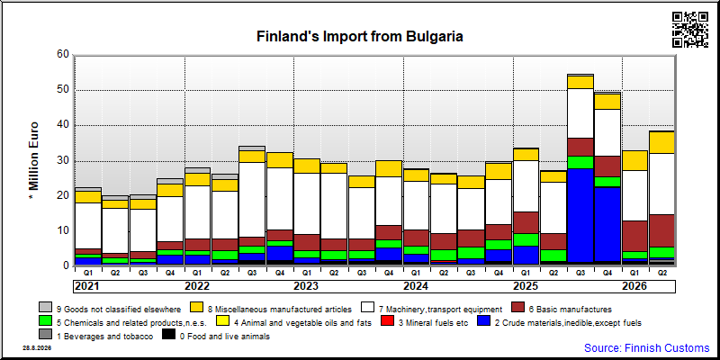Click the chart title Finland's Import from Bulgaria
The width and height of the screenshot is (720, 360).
[x=359, y=36]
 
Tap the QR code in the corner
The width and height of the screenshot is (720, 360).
[x=690, y=30]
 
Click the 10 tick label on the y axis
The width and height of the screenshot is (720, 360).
[x=65, y=230]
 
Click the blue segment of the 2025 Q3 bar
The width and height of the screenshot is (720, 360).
[x=580, y=215]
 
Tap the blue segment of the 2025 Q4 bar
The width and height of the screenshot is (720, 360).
[x=607, y=224]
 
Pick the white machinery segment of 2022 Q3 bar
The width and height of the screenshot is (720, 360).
[x=252, y=200]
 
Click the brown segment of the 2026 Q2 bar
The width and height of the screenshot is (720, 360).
[x=662, y=231]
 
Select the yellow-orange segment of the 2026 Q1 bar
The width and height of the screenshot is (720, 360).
[x=635, y=161]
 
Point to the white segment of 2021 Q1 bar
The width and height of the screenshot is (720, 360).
[x=88, y=226]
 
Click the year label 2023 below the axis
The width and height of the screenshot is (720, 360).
[x=306, y=286]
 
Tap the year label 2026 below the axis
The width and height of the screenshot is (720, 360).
[x=634, y=286]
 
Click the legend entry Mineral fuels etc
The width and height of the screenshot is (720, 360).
[x=426, y=323]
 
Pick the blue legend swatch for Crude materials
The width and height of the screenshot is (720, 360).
[x=484, y=321]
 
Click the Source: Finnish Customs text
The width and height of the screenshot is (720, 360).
[x=647, y=347]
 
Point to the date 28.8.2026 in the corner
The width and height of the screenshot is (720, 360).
[x=37, y=347]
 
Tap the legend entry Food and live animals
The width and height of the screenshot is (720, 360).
[x=216, y=337]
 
